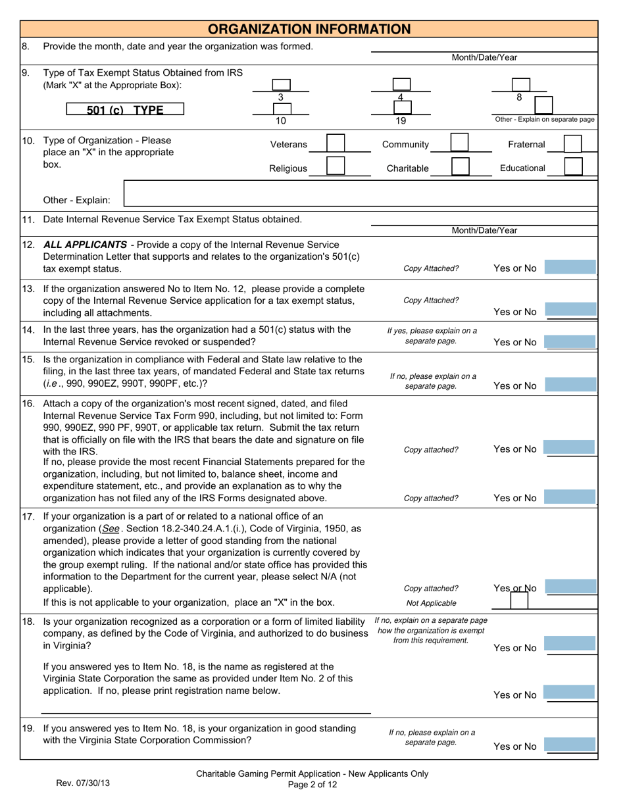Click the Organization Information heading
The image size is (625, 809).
click(309, 29)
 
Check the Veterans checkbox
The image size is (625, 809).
click(336, 144)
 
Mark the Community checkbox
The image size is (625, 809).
click(459, 144)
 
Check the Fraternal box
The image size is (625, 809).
click(573, 144)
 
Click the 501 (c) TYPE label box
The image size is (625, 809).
click(125, 110)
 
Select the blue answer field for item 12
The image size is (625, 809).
click(570, 267)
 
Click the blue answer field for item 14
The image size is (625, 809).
click(570, 341)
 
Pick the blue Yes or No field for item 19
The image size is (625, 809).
click(570, 746)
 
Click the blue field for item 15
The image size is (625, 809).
click(570, 385)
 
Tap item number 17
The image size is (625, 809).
click(28, 516)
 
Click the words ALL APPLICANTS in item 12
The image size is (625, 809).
click(85, 245)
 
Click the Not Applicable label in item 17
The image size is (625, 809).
click(431, 602)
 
